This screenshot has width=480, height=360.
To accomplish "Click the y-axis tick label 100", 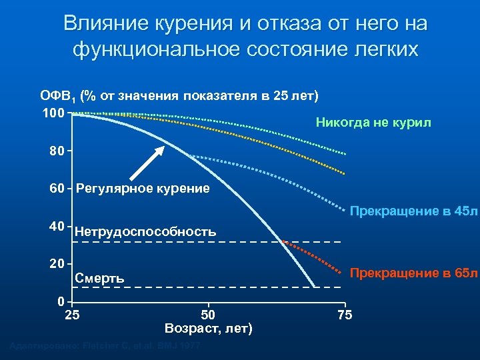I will click(53, 113).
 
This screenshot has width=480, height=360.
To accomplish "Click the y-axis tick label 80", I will click(57, 151).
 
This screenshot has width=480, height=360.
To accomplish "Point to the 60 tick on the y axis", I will click(57, 189).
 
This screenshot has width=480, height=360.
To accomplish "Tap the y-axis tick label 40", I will click(57, 226).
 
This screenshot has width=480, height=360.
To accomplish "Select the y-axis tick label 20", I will click(57, 263).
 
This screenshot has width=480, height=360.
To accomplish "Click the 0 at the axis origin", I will click(61, 300).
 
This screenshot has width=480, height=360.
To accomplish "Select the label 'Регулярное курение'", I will click(143, 189).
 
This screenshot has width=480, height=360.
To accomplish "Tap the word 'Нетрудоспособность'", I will click(145, 232).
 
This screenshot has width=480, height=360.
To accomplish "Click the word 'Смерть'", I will click(100, 278).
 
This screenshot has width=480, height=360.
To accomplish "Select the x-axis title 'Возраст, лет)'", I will click(208, 328).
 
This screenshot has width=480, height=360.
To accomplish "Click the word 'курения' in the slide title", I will click(194, 24).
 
